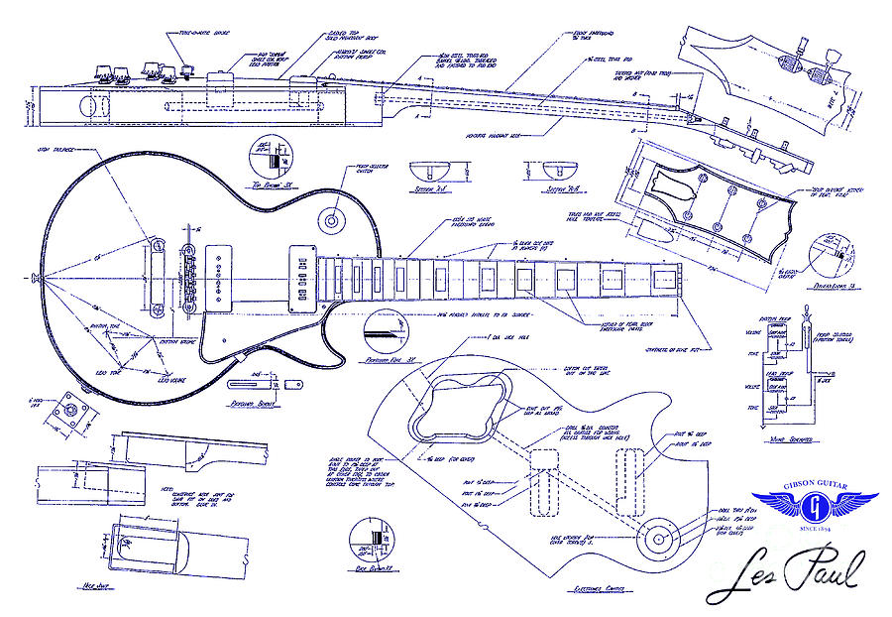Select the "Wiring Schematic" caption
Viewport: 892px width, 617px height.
point(787,437)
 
